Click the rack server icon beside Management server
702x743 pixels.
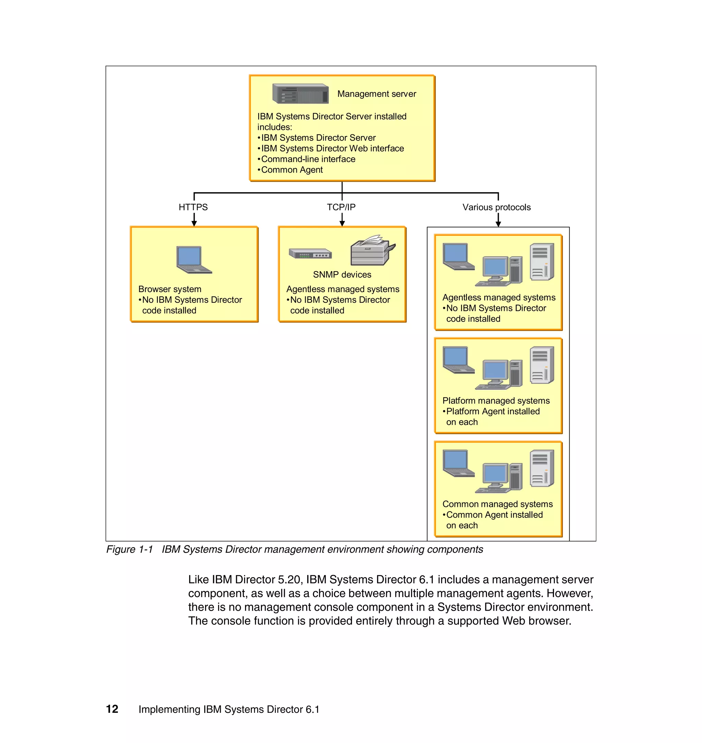click(x=301, y=94)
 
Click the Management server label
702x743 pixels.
click(x=376, y=94)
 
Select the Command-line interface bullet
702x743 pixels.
click(x=307, y=159)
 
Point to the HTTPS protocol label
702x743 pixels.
click(x=193, y=207)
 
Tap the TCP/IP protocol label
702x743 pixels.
click(x=341, y=207)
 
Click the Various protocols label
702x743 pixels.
click(x=496, y=207)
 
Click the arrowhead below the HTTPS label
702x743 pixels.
click(x=194, y=223)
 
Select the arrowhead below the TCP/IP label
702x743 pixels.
click(x=342, y=223)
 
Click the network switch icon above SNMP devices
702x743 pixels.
click(x=310, y=254)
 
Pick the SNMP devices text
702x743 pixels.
click(x=342, y=275)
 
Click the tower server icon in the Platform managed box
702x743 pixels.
click(x=542, y=365)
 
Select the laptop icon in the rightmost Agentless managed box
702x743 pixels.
click(x=458, y=256)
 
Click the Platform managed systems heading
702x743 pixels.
click(x=496, y=401)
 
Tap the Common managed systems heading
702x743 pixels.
click(x=497, y=504)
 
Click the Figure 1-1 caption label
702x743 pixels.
click(x=130, y=549)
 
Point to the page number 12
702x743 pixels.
click(x=112, y=709)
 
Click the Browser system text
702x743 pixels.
click(x=170, y=289)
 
